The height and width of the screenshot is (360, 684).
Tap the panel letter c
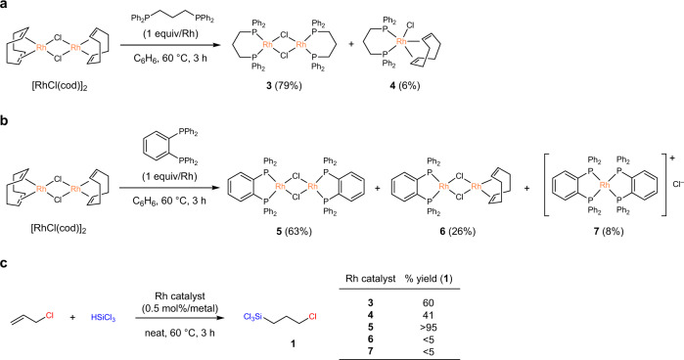click(7, 260)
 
